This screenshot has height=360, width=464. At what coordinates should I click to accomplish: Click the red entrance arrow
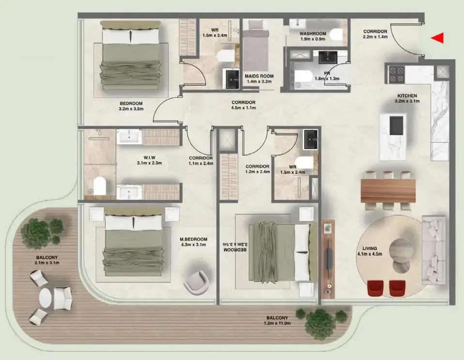pyautogui.click(x=437, y=38)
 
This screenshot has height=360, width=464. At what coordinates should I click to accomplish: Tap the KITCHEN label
pyautogui.click(x=407, y=96)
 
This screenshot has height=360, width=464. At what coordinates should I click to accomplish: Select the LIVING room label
pyautogui.click(x=370, y=249)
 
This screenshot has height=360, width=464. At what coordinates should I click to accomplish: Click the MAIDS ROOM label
pyautogui.click(x=259, y=76)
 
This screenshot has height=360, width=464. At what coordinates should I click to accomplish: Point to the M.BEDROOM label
pyautogui.click(x=193, y=239)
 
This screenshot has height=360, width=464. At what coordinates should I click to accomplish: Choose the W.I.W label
pyautogui.click(x=149, y=157)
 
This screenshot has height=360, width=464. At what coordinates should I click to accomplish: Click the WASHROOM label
pyautogui.click(x=313, y=33)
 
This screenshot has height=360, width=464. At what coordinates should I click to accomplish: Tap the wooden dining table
pyautogui.click(x=388, y=190)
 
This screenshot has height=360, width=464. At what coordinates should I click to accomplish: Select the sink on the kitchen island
pyautogui.click(x=397, y=125)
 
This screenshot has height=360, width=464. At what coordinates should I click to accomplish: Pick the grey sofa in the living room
pyautogui.click(x=434, y=250)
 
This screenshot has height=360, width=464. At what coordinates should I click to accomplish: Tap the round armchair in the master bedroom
pyautogui.click(x=196, y=281)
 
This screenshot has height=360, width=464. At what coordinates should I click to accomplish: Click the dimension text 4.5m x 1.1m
pyautogui.click(x=243, y=108)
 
